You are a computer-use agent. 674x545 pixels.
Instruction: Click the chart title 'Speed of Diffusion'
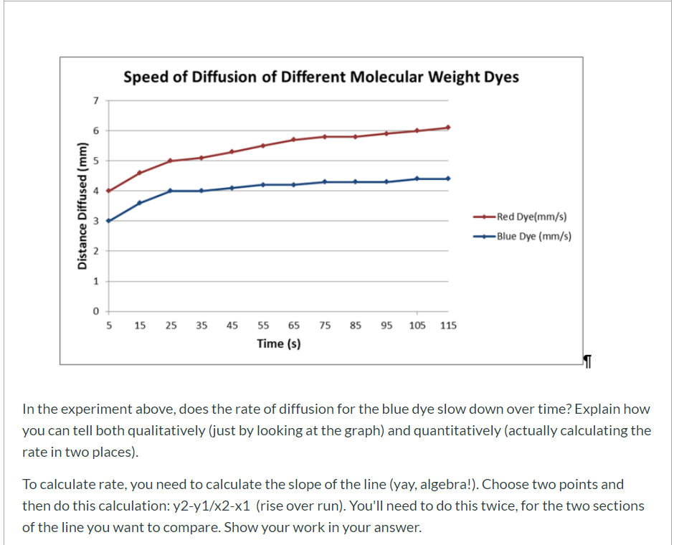[x=321, y=77]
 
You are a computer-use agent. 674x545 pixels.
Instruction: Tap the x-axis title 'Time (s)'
[x=278, y=343]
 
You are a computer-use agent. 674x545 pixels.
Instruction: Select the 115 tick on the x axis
[x=448, y=326]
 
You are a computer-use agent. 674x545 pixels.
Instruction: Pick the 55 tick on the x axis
[x=263, y=326]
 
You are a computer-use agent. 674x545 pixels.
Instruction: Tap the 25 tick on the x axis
[x=171, y=326]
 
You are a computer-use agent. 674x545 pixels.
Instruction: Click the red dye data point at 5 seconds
[x=108, y=191]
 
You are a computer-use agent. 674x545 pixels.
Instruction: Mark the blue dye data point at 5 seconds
[x=108, y=221]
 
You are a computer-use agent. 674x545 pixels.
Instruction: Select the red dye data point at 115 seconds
[x=448, y=128]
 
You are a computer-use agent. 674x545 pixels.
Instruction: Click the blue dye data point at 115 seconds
[x=448, y=179]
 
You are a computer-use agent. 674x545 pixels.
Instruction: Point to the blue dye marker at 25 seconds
[x=170, y=191]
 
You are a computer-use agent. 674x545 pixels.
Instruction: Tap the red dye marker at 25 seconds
[x=170, y=161]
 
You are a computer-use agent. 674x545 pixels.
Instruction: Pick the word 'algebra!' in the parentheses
[x=425, y=484]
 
